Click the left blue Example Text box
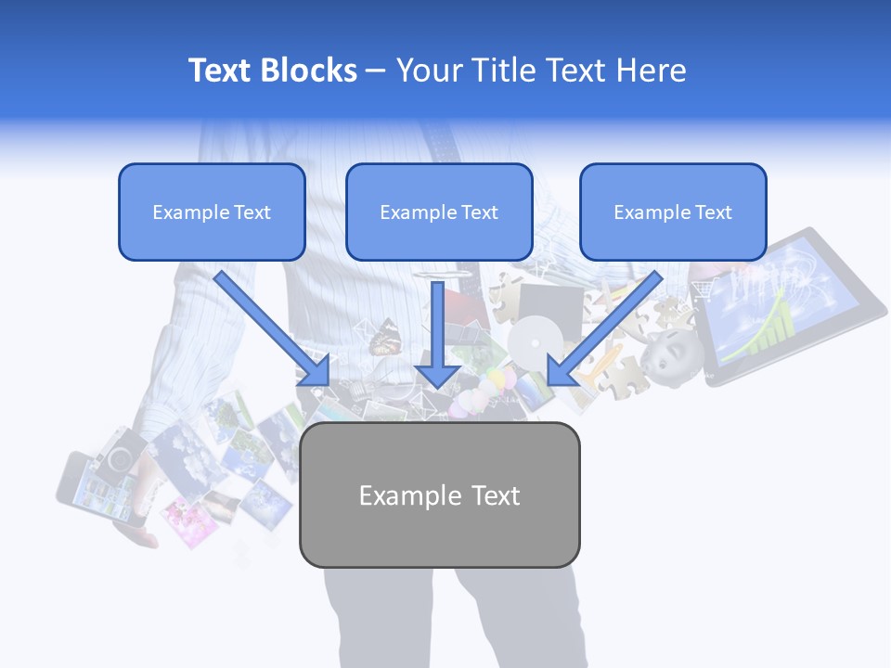[x=212, y=212]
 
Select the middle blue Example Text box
[x=439, y=212]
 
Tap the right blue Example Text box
[x=673, y=212]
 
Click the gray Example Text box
[x=439, y=495]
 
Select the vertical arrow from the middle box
[x=437, y=334]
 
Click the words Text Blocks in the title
[x=272, y=71]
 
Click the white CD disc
[x=531, y=340]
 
